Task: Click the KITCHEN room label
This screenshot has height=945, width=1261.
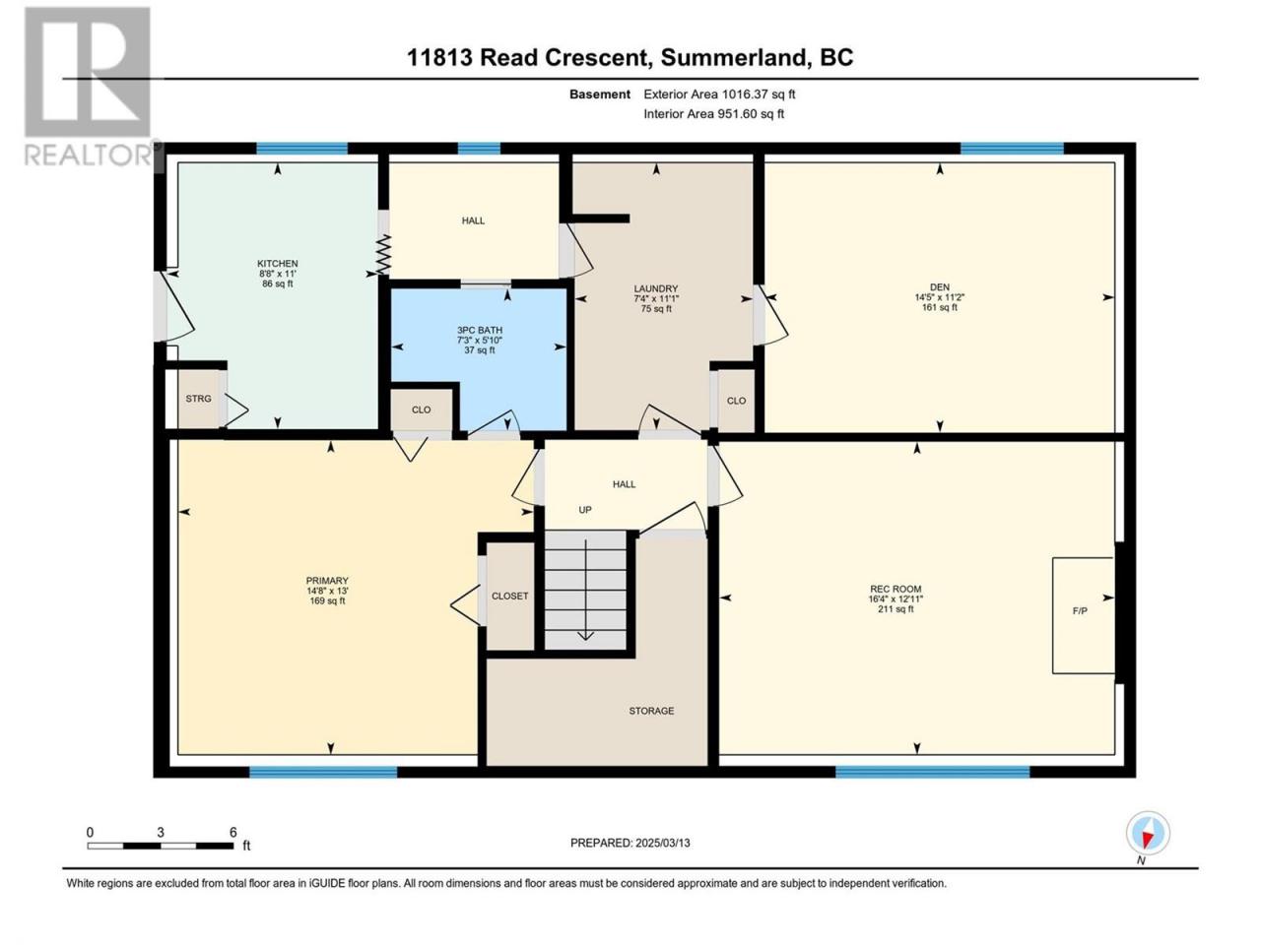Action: (x=278, y=264)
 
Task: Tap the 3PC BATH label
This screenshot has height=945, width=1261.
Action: (x=480, y=330)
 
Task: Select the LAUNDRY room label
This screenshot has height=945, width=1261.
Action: (x=656, y=288)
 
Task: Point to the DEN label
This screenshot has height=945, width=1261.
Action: (x=940, y=286)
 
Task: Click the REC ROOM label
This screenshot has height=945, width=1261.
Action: (x=896, y=589)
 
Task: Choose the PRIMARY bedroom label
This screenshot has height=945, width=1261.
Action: (x=327, y=581)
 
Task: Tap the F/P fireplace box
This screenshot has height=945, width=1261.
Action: (x=1084, y=615)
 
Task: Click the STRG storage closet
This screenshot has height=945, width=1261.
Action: (x=199, y=399)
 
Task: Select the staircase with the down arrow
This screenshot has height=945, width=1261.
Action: (x=585, y=590)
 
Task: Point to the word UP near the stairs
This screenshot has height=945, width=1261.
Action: (x=585, y=510)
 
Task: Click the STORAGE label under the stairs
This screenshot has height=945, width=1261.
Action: (x=651, y=711)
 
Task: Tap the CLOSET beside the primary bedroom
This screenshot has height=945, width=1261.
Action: (x=510, y=597)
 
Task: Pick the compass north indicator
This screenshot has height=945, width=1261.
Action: (x=1148, y=833)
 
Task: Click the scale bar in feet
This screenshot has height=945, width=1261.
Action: (x=161, y=846)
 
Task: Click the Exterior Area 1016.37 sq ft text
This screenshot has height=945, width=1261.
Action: (x=719, y=94)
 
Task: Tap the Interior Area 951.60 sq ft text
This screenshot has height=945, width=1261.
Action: (x=713, y=113)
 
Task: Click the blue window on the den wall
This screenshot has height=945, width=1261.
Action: (x=1012, y=149)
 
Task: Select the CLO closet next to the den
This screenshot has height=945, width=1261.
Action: (x=736, y=401)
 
